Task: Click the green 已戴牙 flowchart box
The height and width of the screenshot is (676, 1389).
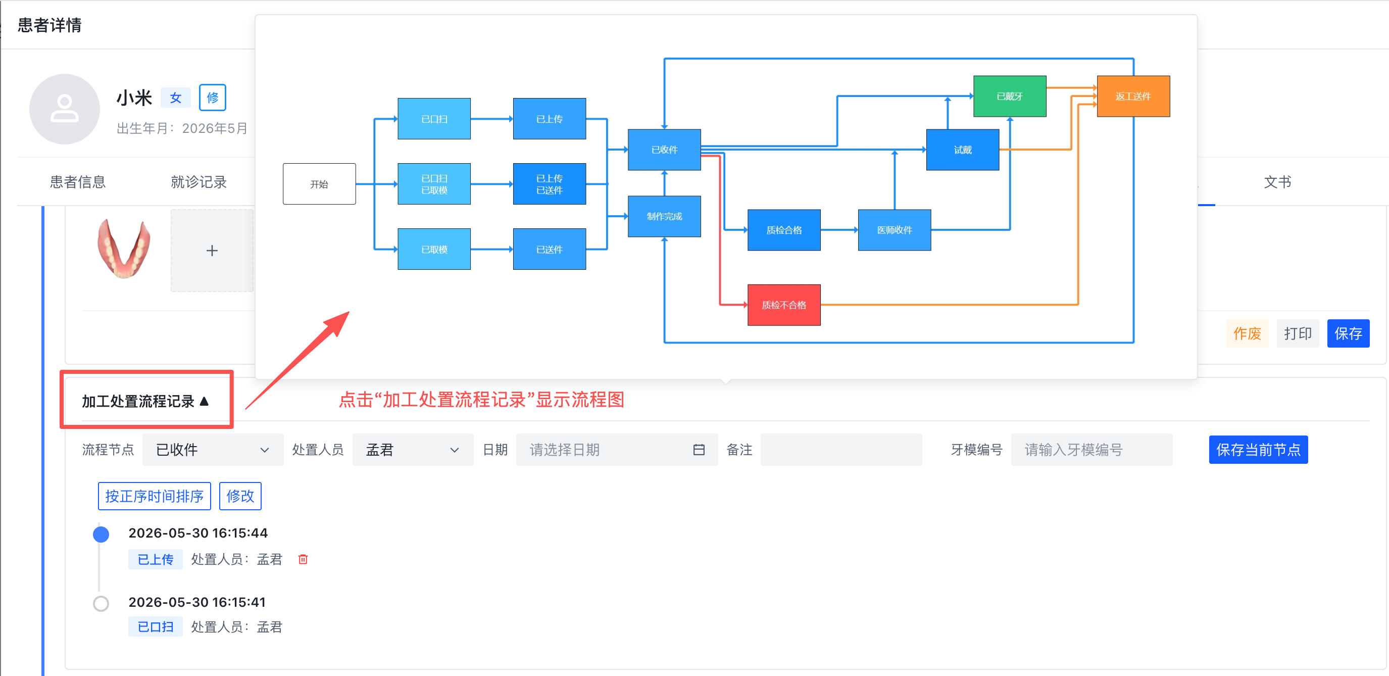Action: coord(1009,96)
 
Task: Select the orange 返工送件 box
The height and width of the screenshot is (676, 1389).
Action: coord(1133,96)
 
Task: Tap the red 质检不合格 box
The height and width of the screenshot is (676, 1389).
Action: coord(783,305)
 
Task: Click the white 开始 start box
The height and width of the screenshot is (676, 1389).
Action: coord(319,184)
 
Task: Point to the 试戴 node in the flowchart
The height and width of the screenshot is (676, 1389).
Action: coord(963,150)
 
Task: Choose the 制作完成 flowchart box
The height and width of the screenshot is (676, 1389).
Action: coord(664,216)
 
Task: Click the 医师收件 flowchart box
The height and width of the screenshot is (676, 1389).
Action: coord(895,230)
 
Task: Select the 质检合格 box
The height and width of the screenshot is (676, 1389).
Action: coord(783,230)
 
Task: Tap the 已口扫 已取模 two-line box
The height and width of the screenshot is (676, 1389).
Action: coord(434,184)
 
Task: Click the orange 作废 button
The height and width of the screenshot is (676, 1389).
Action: coord(1247,333)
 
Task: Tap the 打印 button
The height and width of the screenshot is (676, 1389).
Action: coord(1298,333)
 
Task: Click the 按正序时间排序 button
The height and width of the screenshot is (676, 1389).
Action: coord(154,496)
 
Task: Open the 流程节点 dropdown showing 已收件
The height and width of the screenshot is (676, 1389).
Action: coord(213,450)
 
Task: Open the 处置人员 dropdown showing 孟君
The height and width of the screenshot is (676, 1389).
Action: coord(413,450)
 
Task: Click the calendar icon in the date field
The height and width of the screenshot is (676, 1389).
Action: coord(699,450)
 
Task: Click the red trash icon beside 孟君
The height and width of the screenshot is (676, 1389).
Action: coord(303,559)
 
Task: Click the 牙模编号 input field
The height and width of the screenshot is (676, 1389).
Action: coord(1092,450)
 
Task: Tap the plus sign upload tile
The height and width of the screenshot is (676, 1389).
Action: coord(212,250)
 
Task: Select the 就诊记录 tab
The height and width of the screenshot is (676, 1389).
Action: coord(199,182)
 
